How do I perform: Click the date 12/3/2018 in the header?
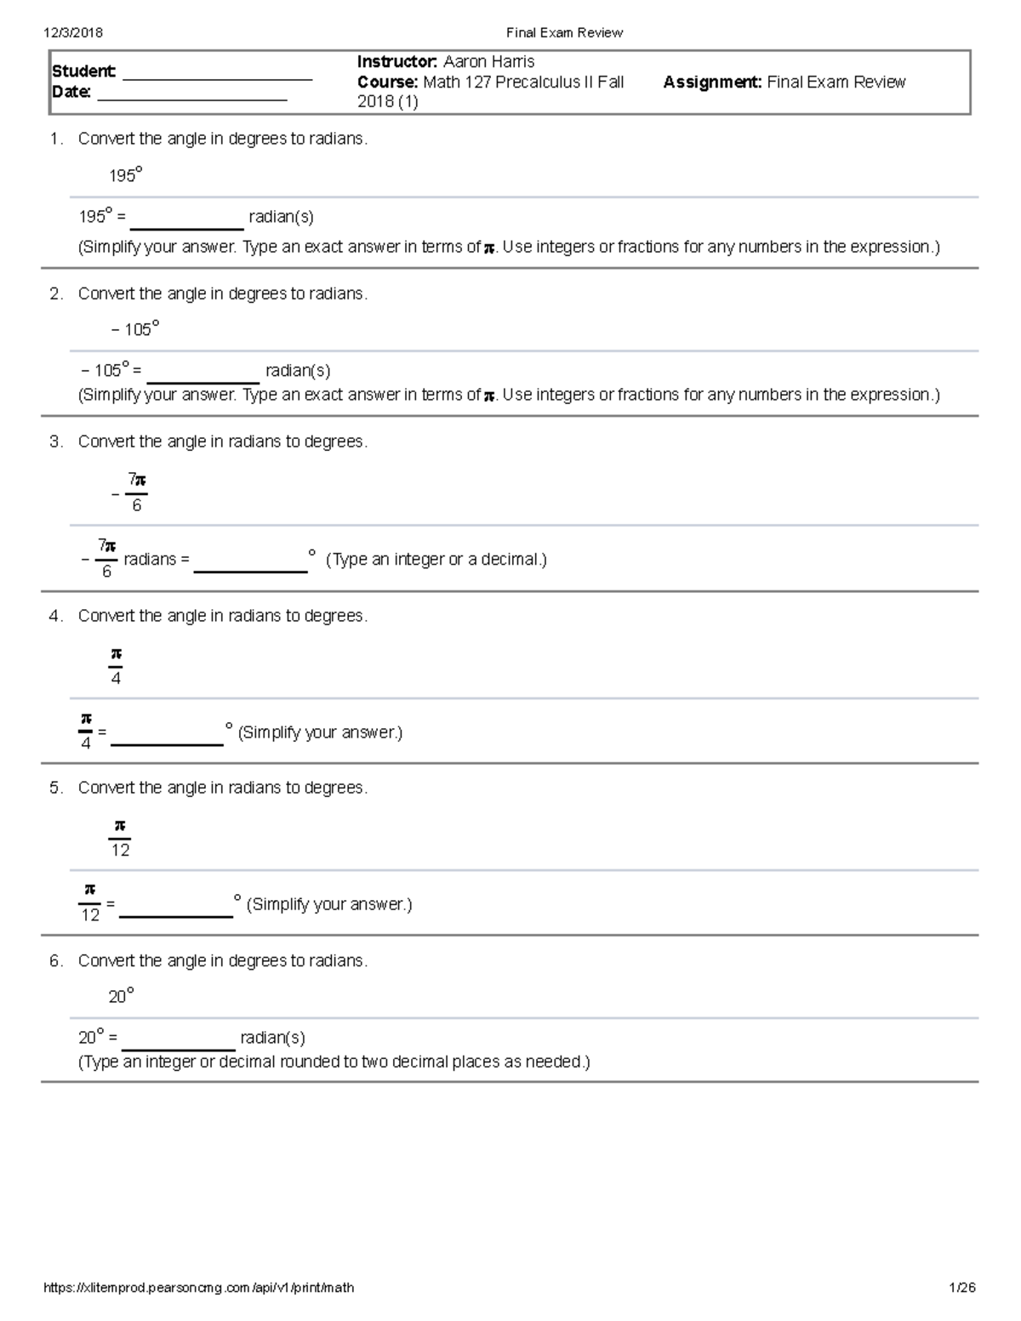[73, 32]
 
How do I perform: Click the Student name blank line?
[217, 77]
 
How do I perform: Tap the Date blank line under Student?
[192, 97]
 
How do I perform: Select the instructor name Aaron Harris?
[488, 61]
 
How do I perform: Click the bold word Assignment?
[712, 82]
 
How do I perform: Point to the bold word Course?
[387, 82]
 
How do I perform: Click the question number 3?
[55, 441]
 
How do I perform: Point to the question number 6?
[55, 960]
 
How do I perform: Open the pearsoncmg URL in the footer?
[198, 1288]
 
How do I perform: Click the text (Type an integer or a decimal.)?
[436, 559]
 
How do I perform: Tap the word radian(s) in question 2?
[298, 370]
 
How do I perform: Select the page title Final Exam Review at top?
[564, 32]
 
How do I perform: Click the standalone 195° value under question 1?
[125, 175]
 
